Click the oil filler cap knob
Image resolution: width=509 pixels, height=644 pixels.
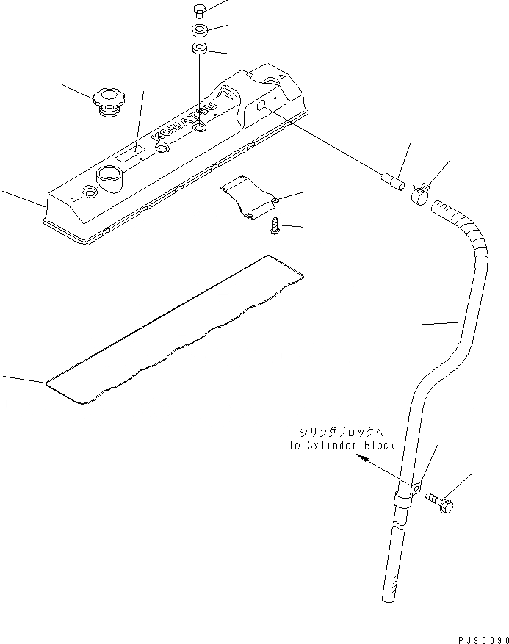coord(108,97)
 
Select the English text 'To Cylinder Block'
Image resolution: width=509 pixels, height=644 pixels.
coord(342,445)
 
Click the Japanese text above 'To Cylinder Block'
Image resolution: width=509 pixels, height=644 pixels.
coord(346,433)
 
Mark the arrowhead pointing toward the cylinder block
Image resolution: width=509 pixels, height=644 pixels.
coord(361,457)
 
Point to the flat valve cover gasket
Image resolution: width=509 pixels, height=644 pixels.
coord(176,330)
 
